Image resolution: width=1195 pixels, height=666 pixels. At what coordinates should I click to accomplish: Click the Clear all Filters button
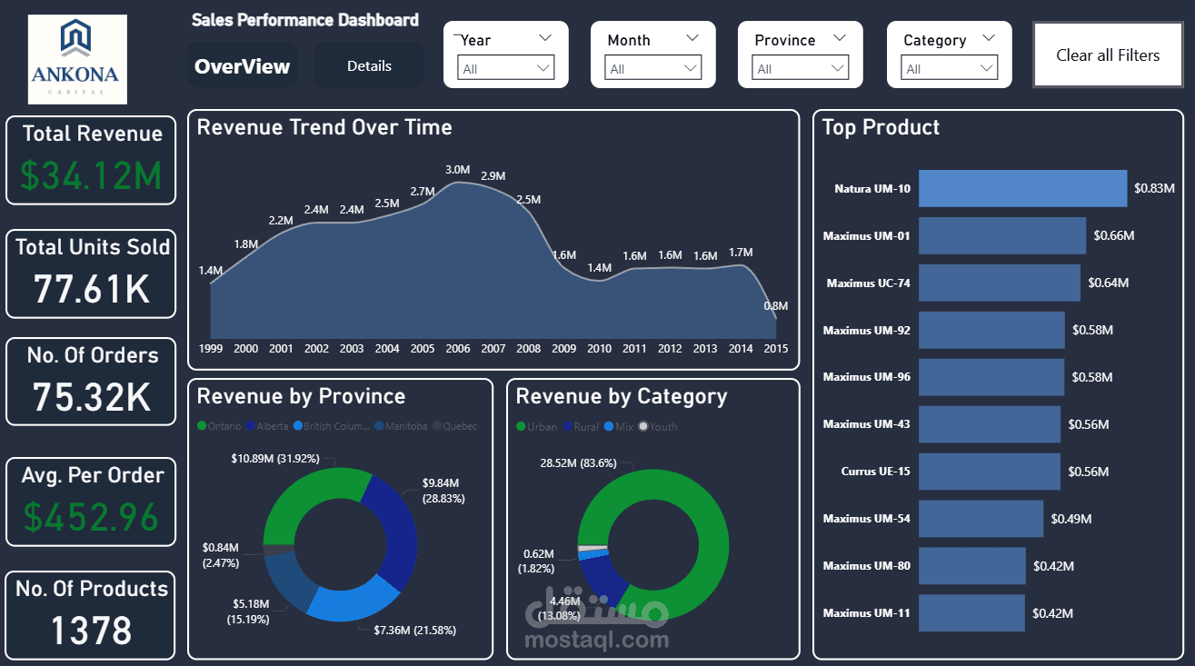pos(1108,55)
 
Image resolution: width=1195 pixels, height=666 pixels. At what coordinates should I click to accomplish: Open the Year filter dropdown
pos(506,68)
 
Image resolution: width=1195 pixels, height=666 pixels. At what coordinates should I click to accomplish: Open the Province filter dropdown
pos(801,68)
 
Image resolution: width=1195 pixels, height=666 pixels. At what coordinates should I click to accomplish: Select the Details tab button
pos(369,65)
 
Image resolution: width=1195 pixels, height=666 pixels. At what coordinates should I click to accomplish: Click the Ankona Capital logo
pos(78,59)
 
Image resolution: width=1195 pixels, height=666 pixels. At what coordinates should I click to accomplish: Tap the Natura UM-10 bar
pos(1022,189)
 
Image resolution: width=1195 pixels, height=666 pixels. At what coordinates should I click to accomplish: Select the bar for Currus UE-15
pos(989,472)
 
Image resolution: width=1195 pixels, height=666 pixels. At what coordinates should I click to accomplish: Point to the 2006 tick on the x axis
pos(458,349)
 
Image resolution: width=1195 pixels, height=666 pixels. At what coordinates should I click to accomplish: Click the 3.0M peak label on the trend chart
pos(457,170)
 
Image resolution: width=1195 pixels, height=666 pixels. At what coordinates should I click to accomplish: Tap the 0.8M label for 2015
pos(775,306)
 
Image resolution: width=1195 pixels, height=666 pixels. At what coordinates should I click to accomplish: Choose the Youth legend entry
pos(658,426)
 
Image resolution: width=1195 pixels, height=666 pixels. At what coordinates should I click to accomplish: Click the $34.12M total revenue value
pos(91,175)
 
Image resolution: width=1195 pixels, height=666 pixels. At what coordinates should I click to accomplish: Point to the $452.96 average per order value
pos(91,517)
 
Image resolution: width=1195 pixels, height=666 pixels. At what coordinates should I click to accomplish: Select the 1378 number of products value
pos(91,631)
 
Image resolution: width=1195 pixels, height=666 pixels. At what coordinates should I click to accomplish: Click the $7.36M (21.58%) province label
pos(414,630)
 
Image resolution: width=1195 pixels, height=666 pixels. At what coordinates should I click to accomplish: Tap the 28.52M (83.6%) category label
pos(578,462)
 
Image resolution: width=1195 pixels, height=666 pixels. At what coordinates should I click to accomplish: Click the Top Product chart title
pos(881,128)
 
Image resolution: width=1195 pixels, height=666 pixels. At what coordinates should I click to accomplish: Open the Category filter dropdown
pos(950,68)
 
